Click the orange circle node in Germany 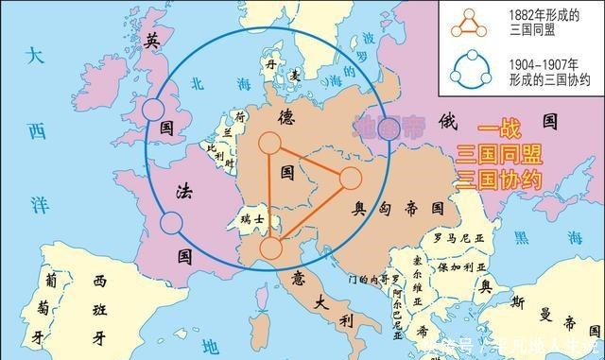(x=269, y=144)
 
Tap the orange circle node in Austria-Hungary (x=350, y=179)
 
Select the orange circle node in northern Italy (x=270, y=249)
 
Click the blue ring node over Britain (x=154, y=111)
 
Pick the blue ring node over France (x=171, y=223)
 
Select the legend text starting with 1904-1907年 (x=543, y=70)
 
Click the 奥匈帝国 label (x=398, y=206)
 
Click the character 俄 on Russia (x=448, y=121)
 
